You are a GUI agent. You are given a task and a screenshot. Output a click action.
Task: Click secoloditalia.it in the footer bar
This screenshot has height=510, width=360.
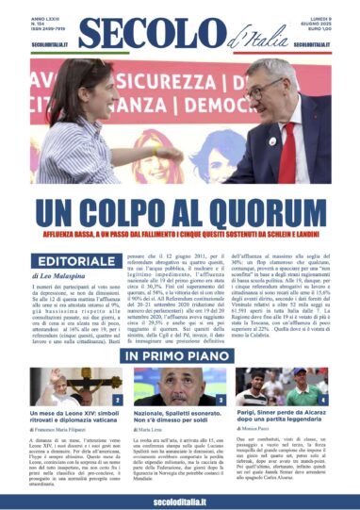pyautogui.click(x=180, y=499)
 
